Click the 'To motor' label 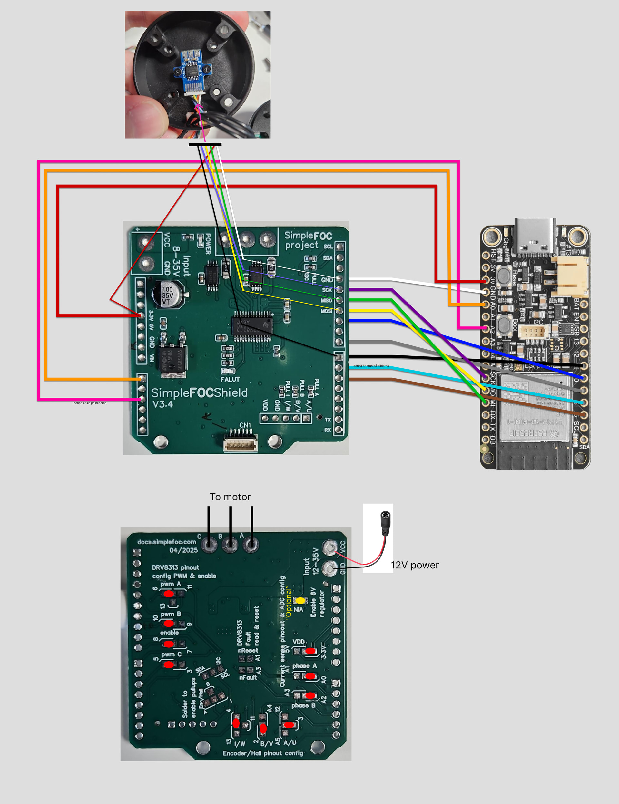click(230, 497)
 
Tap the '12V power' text click(415, 565)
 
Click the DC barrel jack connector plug click(385, 523)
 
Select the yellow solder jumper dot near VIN click(300, 601)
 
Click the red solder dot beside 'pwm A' click(169, 594)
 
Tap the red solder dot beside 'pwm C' click(169, 664)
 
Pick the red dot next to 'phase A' click(310, 676)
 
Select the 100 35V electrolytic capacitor click(168, 295)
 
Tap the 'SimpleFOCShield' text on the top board click(199, 393)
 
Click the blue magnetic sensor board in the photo click(191, 68)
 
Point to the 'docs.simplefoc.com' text click(166, 542)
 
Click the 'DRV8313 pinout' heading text click(175, 568)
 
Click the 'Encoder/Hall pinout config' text click(263, 753)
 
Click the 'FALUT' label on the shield click(230, 379)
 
